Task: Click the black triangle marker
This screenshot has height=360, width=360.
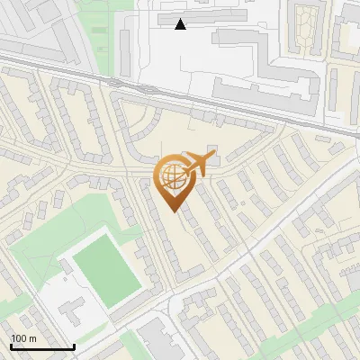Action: [x=181, y=24]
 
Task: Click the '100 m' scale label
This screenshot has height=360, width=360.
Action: [x=23, y=338]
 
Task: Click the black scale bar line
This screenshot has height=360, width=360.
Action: [x=42, y=346]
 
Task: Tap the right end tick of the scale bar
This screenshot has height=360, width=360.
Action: [x=74, y=345]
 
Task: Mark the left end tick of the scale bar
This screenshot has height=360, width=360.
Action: [x=11, y=345]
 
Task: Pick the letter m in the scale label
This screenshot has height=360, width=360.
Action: [x=32, y=338]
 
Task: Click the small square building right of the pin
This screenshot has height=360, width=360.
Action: [x=212, y=149]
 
